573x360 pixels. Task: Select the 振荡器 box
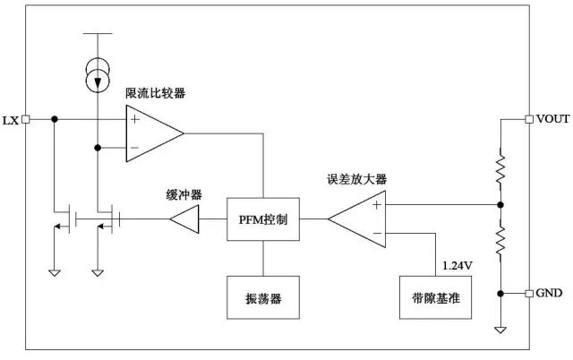263,296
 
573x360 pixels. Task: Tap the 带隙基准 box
436,296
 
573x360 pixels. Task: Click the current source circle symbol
95,76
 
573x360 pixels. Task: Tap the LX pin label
12,120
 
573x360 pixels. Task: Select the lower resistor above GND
500,240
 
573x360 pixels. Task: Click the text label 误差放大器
357,179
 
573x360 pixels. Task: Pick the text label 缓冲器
184,193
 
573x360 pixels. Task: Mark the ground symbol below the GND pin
500,329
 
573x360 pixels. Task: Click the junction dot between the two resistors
500,204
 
